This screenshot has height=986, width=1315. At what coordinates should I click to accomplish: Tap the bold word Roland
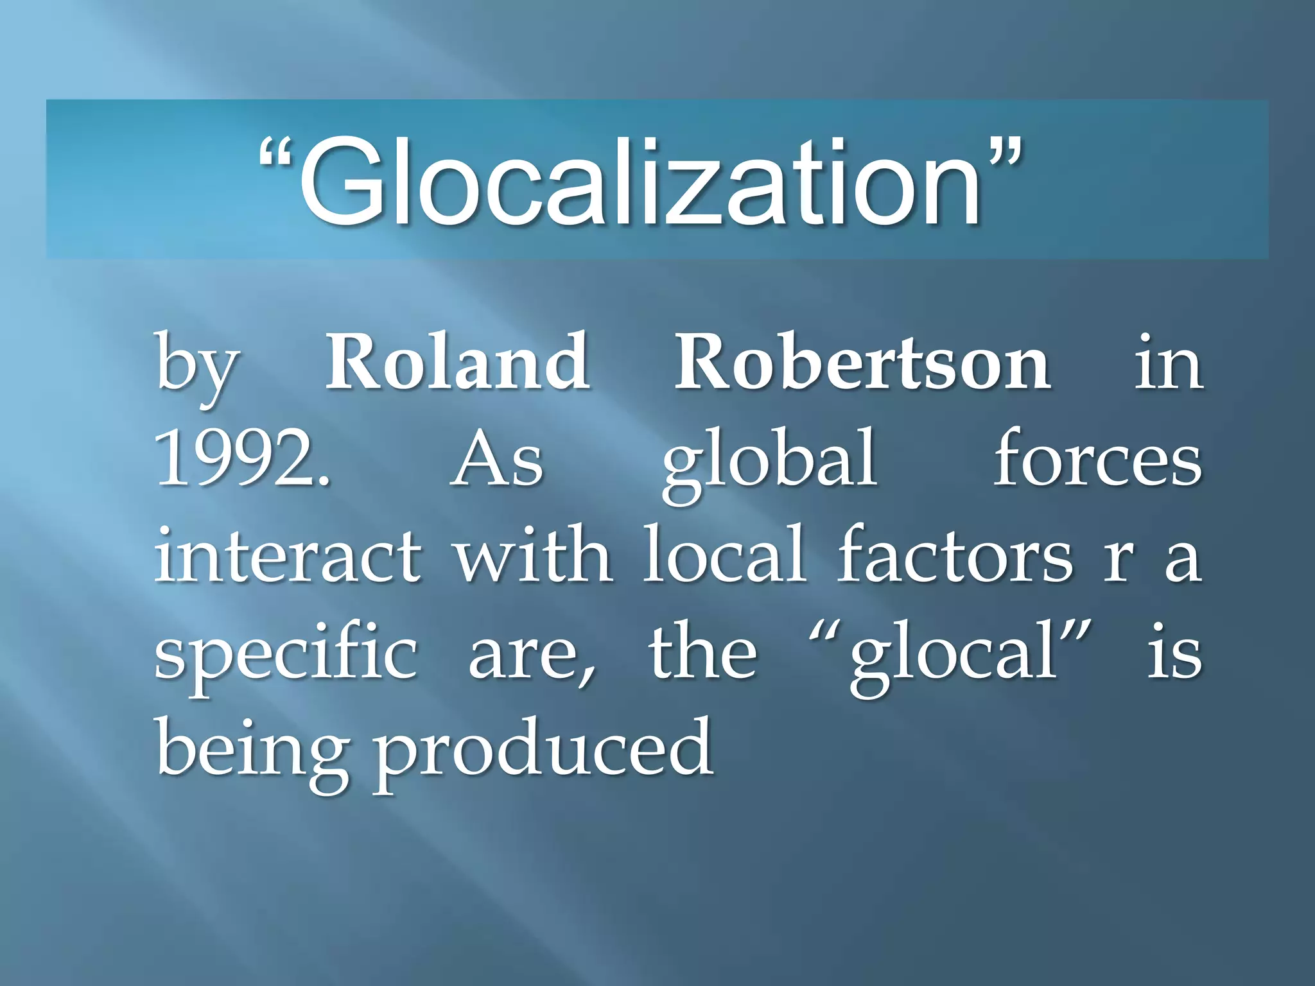coord(457,363)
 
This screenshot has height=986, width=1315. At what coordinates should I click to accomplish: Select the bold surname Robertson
coord(862,363)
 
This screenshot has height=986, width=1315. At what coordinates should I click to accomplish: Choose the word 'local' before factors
coord(724,554)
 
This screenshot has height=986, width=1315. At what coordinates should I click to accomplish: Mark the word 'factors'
coord(954,554)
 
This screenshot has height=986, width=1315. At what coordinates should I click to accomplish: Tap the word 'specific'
coord(286,655)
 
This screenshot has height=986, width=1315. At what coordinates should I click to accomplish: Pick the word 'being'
coord(252,751)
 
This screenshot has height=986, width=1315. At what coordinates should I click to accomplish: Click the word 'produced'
coord(543,751)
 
